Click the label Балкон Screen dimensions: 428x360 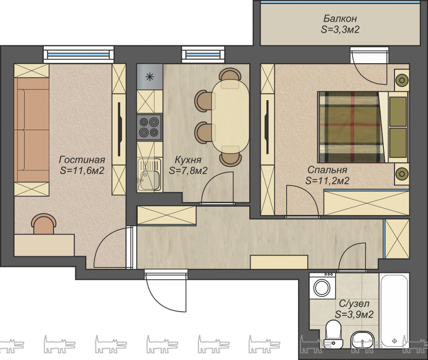[x=340, y=19]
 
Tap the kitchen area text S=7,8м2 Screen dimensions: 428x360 [x=188, y=171]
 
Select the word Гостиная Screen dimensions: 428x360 [x=82, y=159]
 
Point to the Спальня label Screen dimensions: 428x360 [x=327, y=170]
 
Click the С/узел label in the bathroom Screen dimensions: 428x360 [x=354, y=304]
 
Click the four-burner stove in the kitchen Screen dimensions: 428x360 [x=149, y=127]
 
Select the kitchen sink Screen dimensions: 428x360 [x=149, y=174]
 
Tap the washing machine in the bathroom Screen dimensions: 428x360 [x=322, y=286]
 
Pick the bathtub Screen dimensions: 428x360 [x=394, y=310]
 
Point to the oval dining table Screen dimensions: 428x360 [x=231, y=117]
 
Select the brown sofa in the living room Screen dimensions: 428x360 [x=32, y=130]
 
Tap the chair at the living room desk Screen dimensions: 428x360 [x=44, y=224]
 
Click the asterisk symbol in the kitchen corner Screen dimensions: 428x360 [x=150, y=77]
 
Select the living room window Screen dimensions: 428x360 [x=79, y=54]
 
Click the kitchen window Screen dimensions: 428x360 [x=203, y=54]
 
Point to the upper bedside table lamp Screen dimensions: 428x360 [x=402, y=80]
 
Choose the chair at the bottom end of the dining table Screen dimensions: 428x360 [x=231, y=159]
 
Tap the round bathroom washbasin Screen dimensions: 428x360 [x=362, y=340]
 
